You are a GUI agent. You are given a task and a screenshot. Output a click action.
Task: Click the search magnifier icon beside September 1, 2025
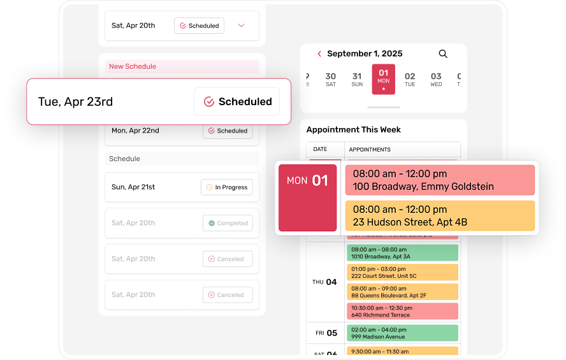coord(443,54)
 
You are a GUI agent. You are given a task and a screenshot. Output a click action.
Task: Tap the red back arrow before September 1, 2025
coord(319,54)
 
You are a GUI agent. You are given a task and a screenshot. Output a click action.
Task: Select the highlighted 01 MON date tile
coord(383,79)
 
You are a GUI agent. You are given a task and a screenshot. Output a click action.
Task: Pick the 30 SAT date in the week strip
coord(330,80)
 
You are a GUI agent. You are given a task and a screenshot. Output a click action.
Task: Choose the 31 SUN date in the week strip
coord(357,80)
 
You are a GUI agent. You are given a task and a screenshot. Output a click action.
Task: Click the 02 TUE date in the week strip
coord(410,80)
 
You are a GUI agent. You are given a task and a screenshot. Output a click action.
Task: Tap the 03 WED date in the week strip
coord(436,80)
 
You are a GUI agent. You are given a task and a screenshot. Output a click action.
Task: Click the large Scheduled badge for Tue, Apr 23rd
coord(237,102)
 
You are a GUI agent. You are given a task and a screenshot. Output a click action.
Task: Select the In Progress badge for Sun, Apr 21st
coord(226,187)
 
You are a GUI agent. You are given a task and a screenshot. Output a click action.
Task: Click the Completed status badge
coord(228,223)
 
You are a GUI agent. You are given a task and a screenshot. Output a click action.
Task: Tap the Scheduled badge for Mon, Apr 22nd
coord(228,131)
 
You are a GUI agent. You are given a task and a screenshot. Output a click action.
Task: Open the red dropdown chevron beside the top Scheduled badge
coord(241,25)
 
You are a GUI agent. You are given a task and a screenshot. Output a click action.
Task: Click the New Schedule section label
coord(133,66)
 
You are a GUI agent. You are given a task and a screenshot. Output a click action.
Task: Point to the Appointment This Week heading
coord(354,129)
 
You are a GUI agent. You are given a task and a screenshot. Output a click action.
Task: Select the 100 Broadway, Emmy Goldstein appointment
coord(440,180)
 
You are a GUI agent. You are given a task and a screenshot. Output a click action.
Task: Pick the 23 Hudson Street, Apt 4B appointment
coord(440,216)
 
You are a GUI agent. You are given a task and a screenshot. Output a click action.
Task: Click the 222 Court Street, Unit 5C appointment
coord(402,272)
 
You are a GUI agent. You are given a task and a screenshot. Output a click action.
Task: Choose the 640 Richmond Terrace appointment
coord(402,311)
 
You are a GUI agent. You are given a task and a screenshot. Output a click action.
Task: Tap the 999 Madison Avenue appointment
coord(402,333)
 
